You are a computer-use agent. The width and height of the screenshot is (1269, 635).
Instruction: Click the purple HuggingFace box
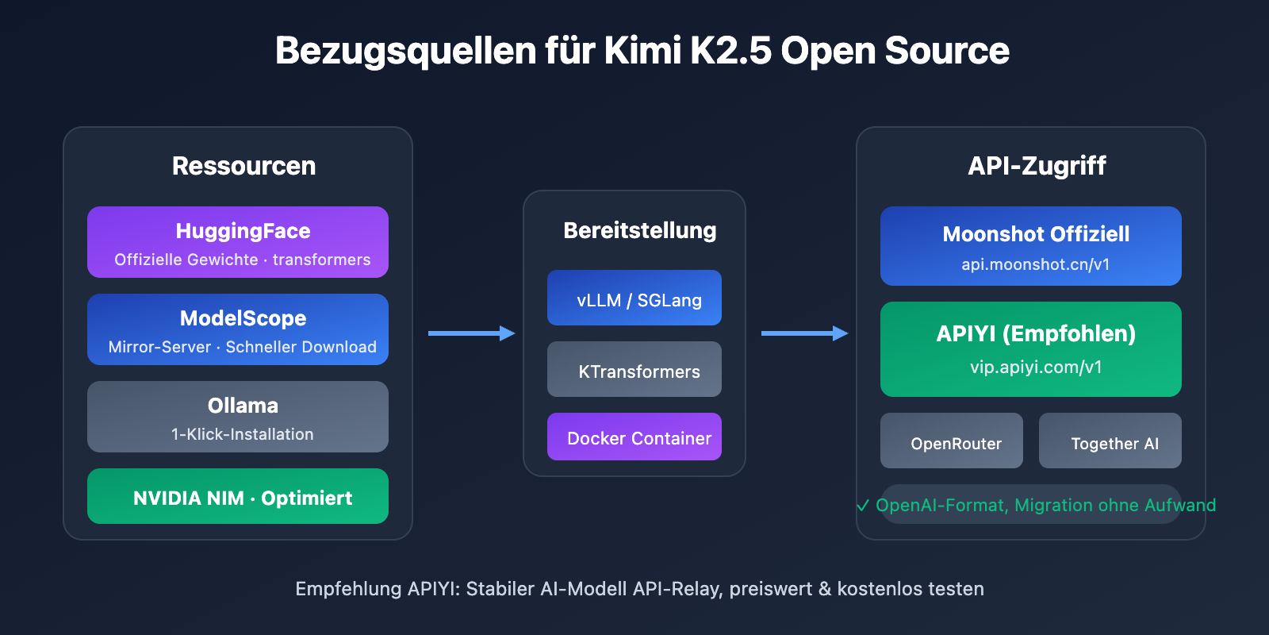coord(238,242)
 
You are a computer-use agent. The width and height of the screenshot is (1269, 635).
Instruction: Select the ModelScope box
coord(238,329)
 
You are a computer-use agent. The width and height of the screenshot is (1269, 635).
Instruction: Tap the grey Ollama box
coord(238,417)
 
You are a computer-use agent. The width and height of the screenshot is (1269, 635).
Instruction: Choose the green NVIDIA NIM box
coord(238,496)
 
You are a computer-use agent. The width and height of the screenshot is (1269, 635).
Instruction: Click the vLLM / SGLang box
coord(634,298)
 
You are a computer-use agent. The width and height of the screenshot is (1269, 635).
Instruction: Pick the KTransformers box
coord(634,369)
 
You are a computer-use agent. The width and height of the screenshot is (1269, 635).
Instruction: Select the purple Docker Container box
coord(634,437)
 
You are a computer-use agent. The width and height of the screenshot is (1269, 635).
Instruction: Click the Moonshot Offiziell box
coord(1031,246)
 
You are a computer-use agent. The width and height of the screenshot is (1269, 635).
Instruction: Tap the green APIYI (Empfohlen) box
coord(1031,349)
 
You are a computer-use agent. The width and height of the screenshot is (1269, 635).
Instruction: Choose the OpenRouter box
coord(952,441)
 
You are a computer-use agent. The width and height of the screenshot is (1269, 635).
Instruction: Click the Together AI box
coord(1110,441)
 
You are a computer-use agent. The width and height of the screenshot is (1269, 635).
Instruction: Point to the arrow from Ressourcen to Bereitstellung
coord(471,333)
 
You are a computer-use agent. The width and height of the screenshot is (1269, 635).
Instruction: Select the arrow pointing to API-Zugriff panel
coord(804,333)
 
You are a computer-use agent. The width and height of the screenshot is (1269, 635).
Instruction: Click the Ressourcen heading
coord(243,166)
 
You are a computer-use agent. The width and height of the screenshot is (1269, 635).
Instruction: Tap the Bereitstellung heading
coord(639,230)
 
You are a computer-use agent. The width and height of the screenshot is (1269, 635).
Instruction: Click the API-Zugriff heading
coord(1037,166)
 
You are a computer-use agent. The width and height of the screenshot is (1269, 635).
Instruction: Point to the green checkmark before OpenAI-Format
coord(863,506)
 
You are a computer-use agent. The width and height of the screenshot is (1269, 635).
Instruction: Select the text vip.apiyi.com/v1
coord(1036,368)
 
